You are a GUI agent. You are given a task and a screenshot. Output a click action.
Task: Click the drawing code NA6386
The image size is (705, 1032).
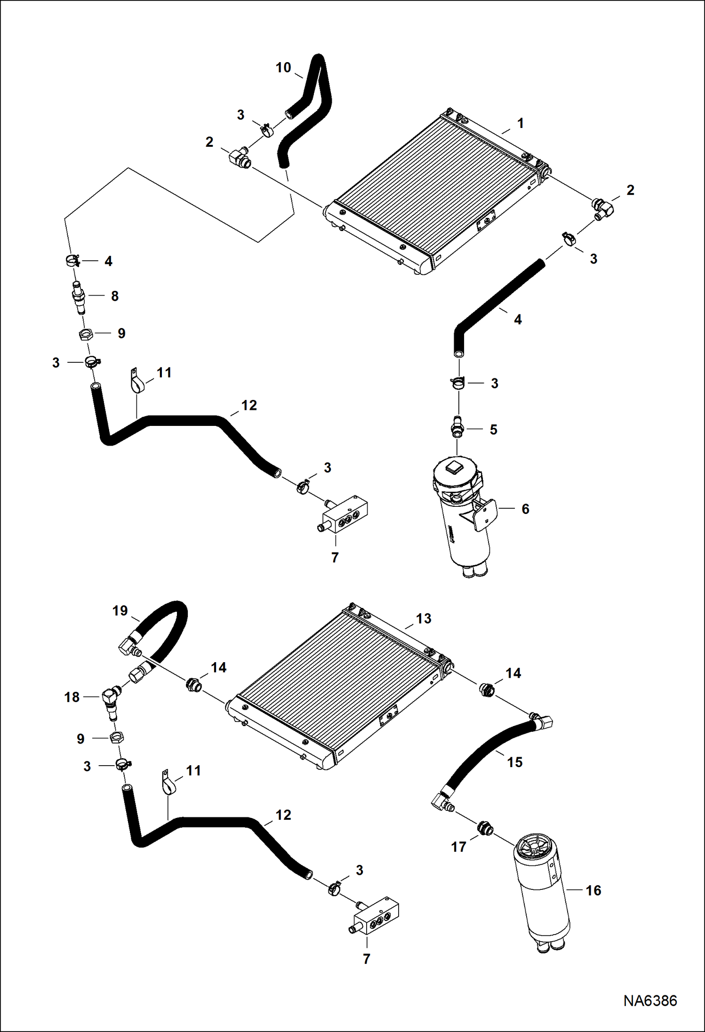click(650, 1000)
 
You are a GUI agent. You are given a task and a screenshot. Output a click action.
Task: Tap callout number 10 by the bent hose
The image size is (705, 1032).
click(283, 68)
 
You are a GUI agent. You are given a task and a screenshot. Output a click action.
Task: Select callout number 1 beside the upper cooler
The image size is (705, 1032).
click(520, 123)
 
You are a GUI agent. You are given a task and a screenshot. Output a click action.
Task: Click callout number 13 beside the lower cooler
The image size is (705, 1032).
click(423, 619)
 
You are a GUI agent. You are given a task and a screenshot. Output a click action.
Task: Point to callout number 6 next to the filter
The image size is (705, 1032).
click(525, 509)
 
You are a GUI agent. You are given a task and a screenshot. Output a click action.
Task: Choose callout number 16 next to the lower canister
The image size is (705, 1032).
click(593, 890)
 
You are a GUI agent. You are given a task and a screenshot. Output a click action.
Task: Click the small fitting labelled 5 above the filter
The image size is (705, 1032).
click(457, 426)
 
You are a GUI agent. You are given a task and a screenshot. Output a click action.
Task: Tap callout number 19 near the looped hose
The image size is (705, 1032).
click(120, 611)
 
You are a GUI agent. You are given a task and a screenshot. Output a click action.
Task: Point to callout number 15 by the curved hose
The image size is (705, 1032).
click(514, 762)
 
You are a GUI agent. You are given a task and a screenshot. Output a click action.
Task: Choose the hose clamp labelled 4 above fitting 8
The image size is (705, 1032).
click(73, 260)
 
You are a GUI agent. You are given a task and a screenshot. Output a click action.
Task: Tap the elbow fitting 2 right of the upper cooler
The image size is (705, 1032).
click(602, 208)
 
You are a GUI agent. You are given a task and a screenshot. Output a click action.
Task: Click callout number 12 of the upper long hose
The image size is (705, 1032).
click(249, 406)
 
